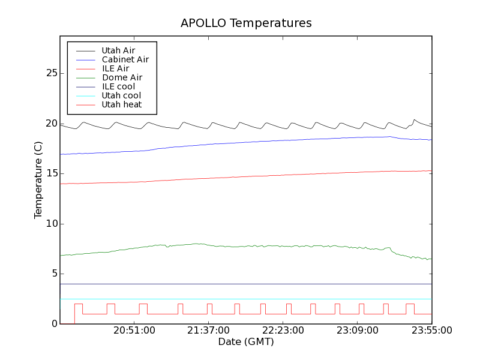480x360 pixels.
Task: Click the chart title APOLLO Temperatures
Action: (246, 23)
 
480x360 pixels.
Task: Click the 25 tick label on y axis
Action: (52, 73)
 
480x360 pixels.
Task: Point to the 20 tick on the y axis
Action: (52, 124)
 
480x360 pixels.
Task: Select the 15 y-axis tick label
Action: (52, 173)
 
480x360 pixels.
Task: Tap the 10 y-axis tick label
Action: (52, 224)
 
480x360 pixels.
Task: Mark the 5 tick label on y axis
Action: (54, 274)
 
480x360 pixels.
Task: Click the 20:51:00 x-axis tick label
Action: (134, 331)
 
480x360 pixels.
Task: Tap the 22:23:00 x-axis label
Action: (283, 331)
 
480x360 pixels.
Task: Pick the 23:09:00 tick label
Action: (358, 331)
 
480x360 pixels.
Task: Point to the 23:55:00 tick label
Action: (431, 331)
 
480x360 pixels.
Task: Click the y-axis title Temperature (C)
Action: (38, 180)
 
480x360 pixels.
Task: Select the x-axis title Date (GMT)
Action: (246, 342)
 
